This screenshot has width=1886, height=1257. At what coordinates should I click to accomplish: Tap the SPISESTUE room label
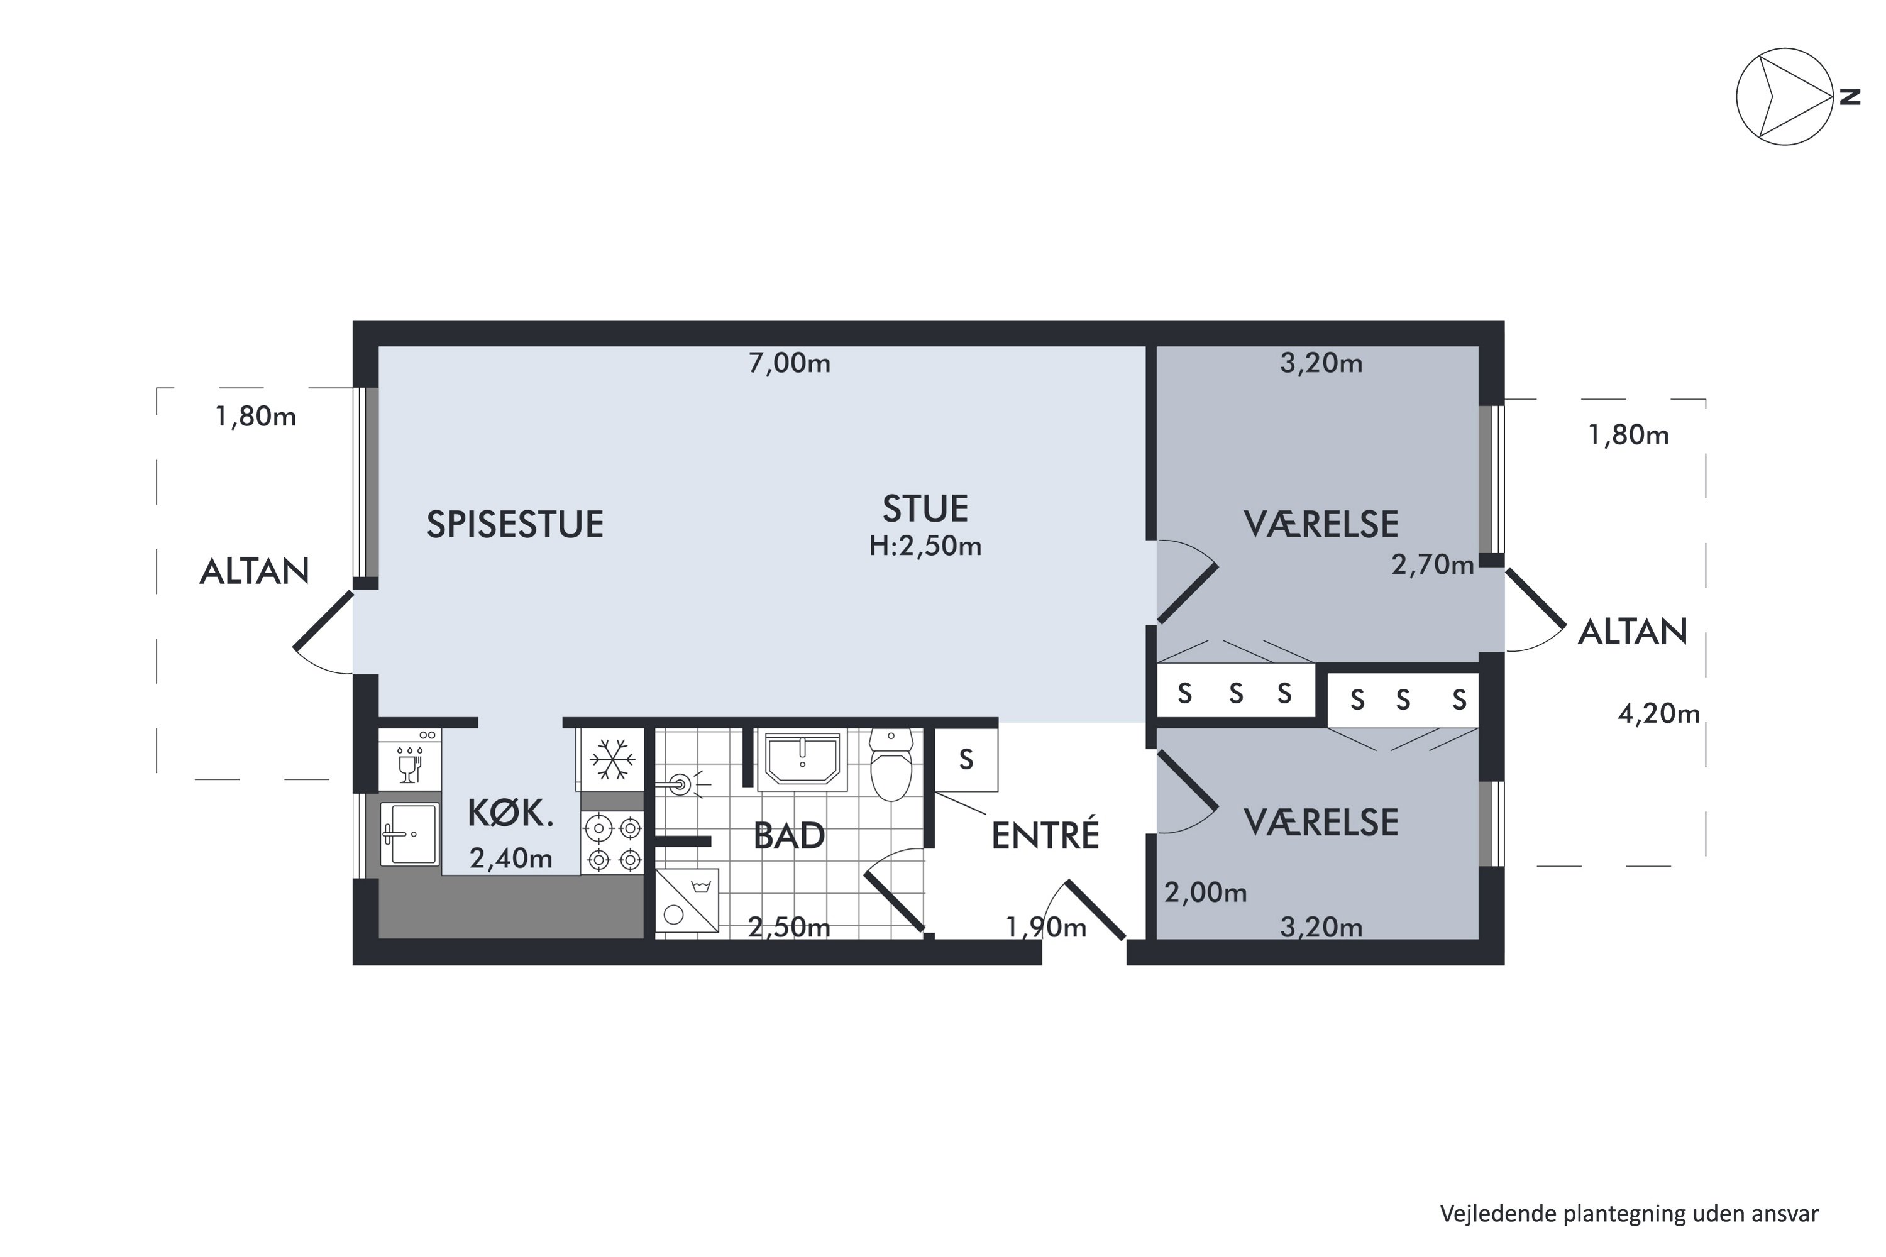(515, 525)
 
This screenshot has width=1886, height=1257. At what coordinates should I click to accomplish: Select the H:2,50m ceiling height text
(925, 546)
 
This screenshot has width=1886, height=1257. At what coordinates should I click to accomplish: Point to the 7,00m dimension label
(789, 363)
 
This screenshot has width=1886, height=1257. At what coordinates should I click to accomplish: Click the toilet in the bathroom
(891, 766)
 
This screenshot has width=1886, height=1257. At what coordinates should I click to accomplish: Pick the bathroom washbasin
(802, 759)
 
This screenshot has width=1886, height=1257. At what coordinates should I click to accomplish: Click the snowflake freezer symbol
(612, 759)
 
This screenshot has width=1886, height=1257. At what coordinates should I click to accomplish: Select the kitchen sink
(410, 835)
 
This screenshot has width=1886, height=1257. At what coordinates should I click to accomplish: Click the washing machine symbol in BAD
(687, 901)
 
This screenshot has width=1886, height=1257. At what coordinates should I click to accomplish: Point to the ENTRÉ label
(1045, 835)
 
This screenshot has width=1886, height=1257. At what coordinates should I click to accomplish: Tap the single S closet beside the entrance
(966, 759)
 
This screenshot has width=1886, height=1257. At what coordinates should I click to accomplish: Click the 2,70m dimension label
(1432, 565)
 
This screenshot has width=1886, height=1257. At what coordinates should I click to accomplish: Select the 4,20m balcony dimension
(1658, 713)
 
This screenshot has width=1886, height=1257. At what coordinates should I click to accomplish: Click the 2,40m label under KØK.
(510, 859)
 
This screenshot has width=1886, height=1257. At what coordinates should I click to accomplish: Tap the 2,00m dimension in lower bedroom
(1205, 892)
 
